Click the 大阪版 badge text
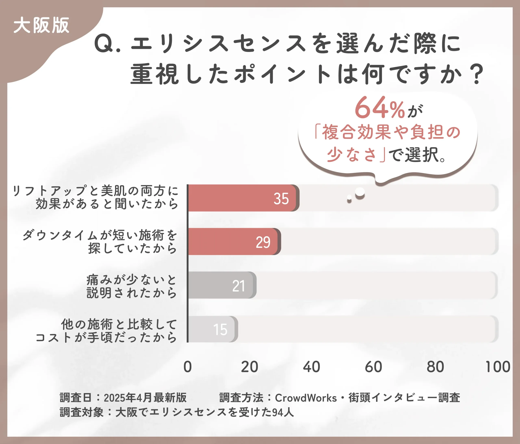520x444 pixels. (41, 25)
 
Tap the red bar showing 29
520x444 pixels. (233, 242)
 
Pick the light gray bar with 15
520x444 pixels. (212, 329)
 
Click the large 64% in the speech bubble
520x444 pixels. (380, 108)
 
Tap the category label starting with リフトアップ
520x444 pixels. (95, 197)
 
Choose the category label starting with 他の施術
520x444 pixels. (106, 330)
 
